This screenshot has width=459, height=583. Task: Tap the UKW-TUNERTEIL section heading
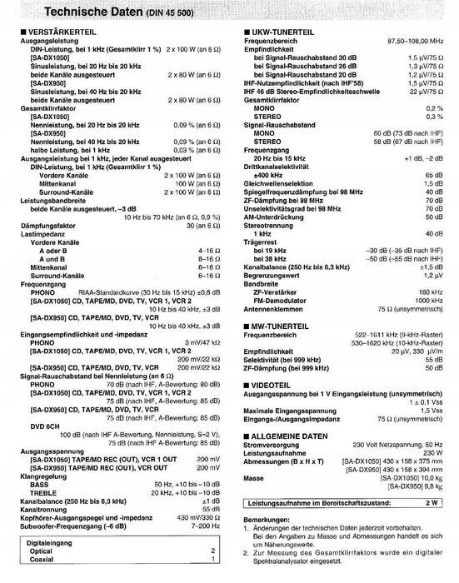276,31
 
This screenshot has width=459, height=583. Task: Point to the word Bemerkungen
264,520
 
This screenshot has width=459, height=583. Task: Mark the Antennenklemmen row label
270,307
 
